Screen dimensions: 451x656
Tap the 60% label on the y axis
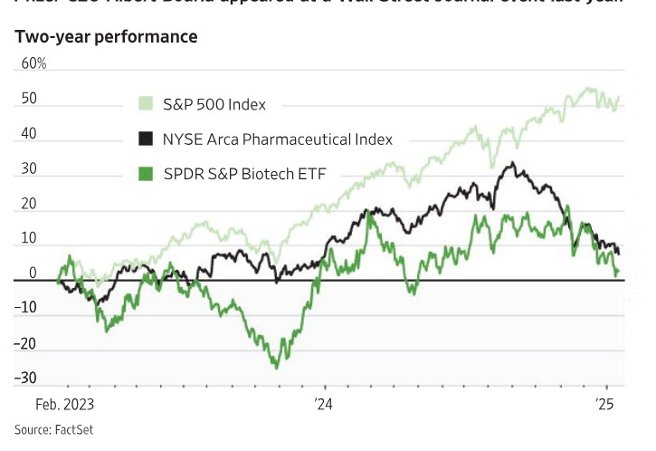pyautogui.click(x=33, y=64)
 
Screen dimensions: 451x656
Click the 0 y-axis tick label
pyautogui.click(x=32, y=273)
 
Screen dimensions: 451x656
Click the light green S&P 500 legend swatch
pyautogui.click(x=145, y=103)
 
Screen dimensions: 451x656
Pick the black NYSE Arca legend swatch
pyautogui.click(x=145, y=139)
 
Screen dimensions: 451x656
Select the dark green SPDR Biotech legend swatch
pyautogui.click(x=145, y=174)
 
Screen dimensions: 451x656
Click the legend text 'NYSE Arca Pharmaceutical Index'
pyautogui.click(x=278, y=139)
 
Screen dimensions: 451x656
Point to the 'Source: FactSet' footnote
pyautogui.click(x=53, y=429)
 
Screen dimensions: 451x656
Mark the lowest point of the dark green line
pyautogui.click(x=276, y=367)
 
